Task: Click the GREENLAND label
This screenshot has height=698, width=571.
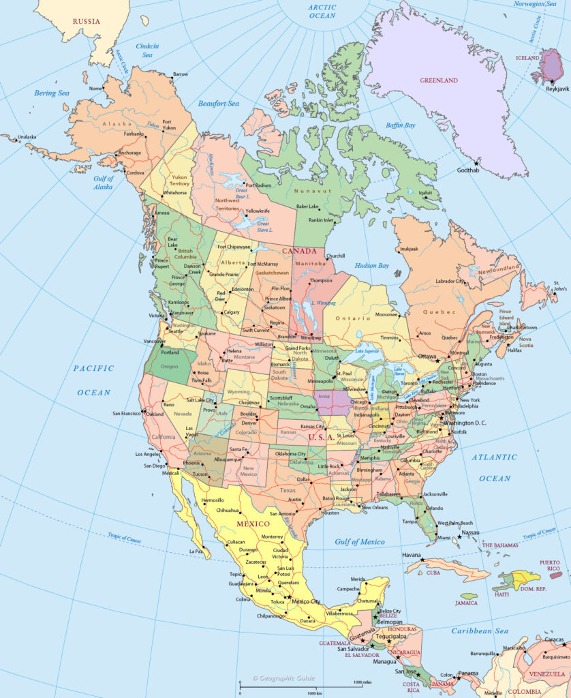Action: (438, 80)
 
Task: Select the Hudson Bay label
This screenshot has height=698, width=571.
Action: (371, 265)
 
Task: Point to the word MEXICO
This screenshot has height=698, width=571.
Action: (253, 523)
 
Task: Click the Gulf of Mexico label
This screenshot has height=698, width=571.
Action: (359, 542)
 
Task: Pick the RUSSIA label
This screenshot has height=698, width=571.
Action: (86, 21)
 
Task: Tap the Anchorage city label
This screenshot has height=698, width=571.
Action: (129, 153)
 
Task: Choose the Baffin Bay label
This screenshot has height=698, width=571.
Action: (400, 125)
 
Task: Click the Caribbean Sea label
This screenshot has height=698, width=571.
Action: (480, 631)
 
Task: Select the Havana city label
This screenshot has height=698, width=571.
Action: (412, 555)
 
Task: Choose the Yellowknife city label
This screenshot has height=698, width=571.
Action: (258, 211)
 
